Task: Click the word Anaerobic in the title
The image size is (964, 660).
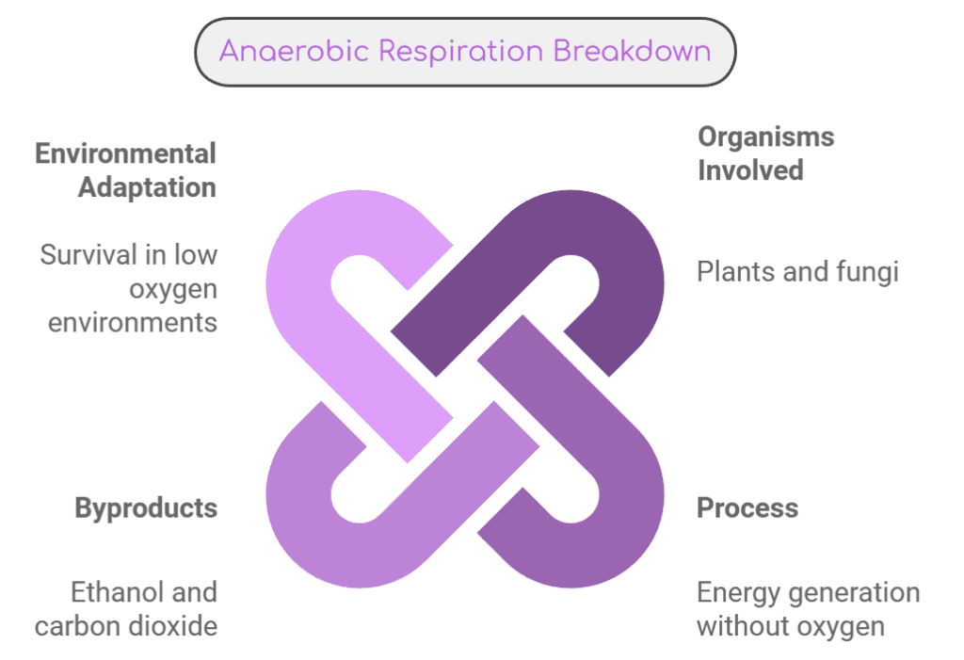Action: (295, 51)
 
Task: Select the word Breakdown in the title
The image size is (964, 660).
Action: (632, 51)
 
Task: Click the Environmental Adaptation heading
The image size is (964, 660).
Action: (125, 170)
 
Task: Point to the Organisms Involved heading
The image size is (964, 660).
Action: (765, 153)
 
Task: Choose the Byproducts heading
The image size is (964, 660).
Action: (146, 508)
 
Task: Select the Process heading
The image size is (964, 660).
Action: (747, 508)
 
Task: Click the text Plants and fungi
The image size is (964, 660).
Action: (797, 272)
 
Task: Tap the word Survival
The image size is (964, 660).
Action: (88, 254)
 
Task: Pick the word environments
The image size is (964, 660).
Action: (133, 322)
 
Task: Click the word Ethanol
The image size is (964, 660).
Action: (117, 592)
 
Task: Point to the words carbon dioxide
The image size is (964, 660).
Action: (126, 626)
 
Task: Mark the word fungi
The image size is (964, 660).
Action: (866, 272)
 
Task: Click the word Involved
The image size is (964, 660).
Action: (750, 170)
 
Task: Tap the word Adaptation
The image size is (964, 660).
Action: (147, 187)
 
